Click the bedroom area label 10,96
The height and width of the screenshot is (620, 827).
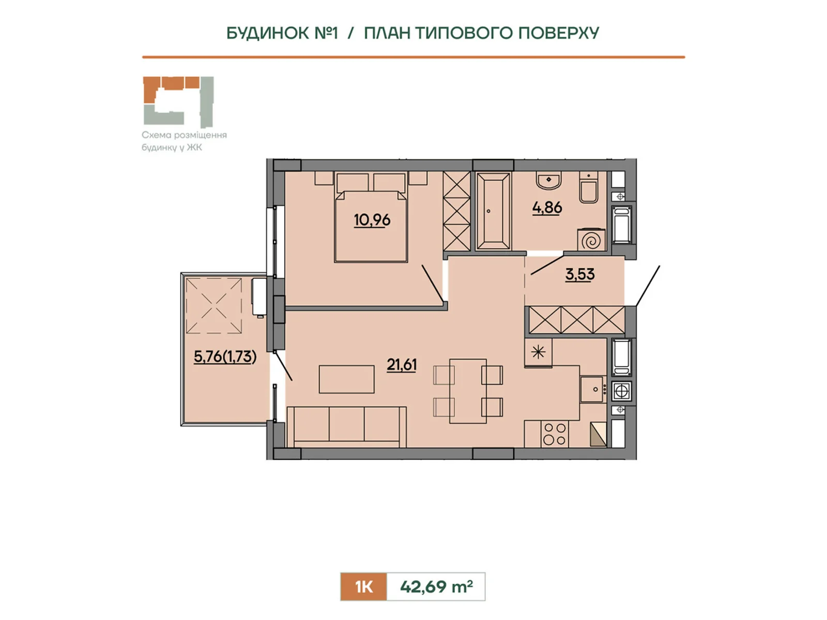click(372, 220)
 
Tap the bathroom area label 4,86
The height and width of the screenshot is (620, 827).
click(547, 207)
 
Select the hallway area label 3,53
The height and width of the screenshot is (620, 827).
click(580, 274)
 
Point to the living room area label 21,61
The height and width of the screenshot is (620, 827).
click(402, 365)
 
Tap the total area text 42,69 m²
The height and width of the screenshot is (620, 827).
click(436, 586)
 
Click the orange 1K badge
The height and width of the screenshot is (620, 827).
click(363, 586)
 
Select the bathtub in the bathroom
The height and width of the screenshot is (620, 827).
click(493, 211)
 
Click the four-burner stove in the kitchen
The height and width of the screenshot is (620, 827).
click(555, 434)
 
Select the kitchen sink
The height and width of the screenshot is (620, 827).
click(593, 389)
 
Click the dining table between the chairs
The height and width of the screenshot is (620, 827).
click(468, 391)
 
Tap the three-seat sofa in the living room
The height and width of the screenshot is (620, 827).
click(346, 427)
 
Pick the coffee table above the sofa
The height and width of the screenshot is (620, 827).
click(347, 379)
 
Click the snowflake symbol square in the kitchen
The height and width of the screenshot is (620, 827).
click(538, 352)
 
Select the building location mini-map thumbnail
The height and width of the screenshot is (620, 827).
click(178, 102)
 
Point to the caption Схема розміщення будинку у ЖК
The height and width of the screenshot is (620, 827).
click(184, 141)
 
